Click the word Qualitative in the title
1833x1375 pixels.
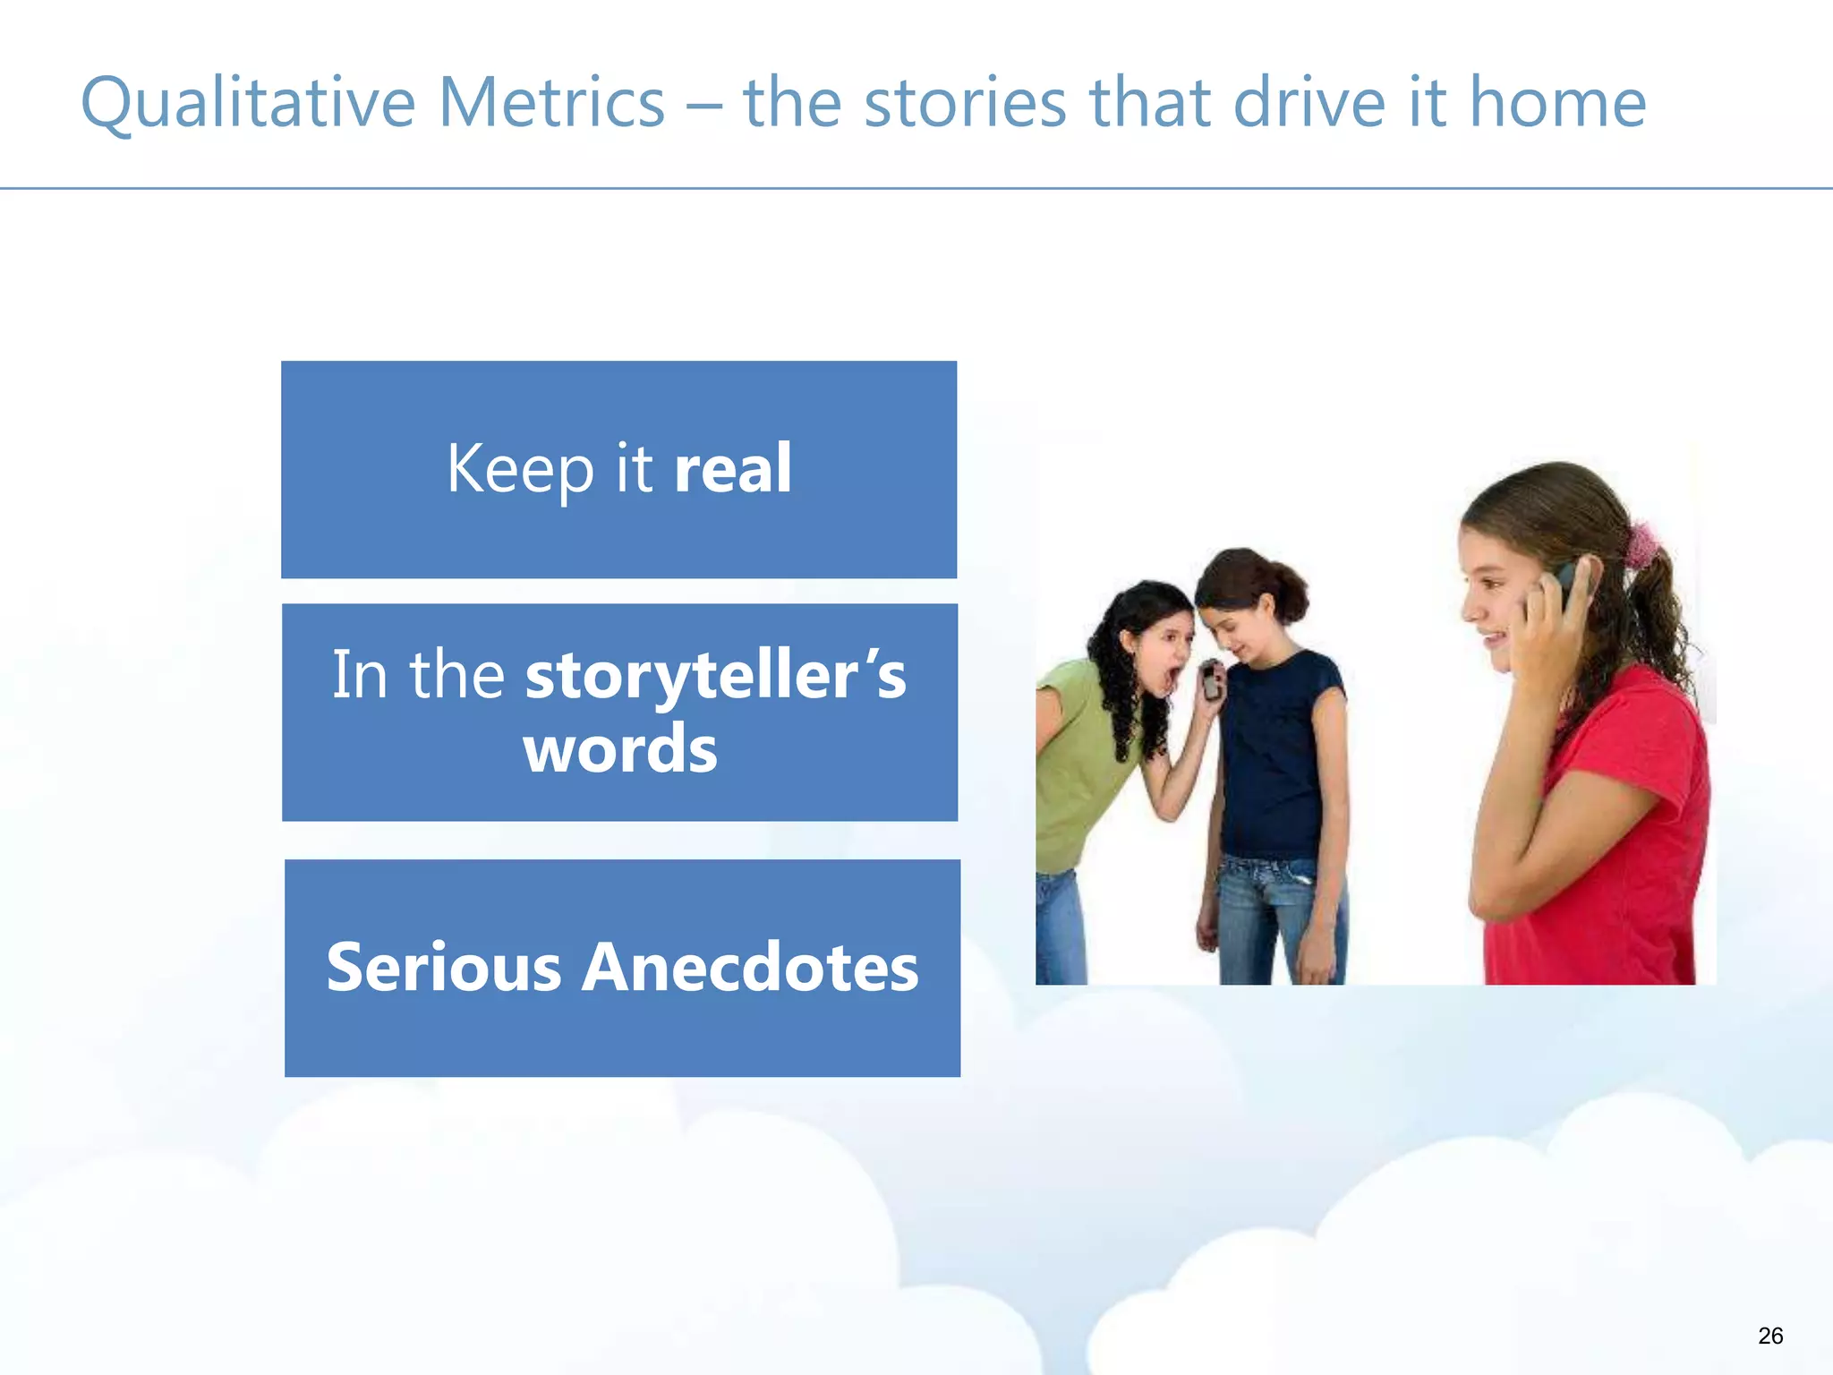click(248, 103)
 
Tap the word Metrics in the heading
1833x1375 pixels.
click(551, 103)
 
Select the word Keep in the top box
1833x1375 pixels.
click(520, 470)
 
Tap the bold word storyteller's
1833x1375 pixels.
click(715, 676)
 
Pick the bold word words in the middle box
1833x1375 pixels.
click(620, 749)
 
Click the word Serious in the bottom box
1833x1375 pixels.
click(443, 968)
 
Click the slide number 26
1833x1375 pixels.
click(1769, 1336)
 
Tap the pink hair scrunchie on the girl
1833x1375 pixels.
click(1641, 545)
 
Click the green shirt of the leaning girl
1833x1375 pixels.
click(1078, 761)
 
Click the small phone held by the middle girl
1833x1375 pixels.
click(1211, 682)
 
